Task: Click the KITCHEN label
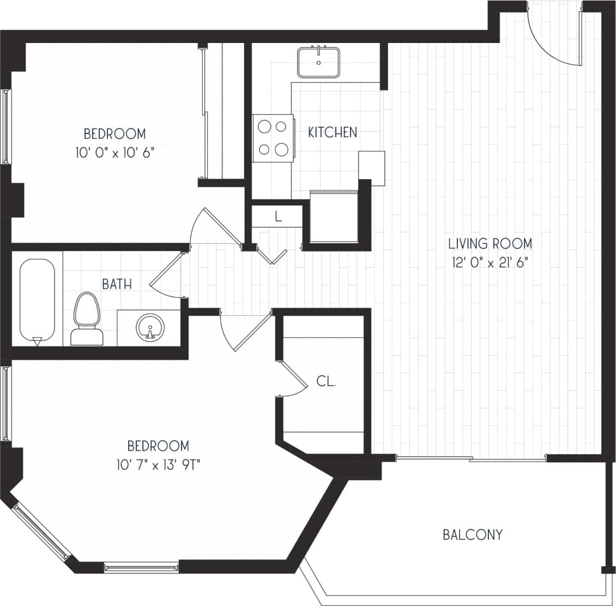click(x=333, y=132)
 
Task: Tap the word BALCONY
click(x=472, y=535)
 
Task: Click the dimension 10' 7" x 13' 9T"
click(x=158, y=465)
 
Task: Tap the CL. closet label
click(x=326, y=382)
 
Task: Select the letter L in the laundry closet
click(x=278, y=217)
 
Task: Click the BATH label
click(x=117, y=284)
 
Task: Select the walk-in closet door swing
click(x=294, y=378)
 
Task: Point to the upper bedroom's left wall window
click(x=6, y=126)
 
